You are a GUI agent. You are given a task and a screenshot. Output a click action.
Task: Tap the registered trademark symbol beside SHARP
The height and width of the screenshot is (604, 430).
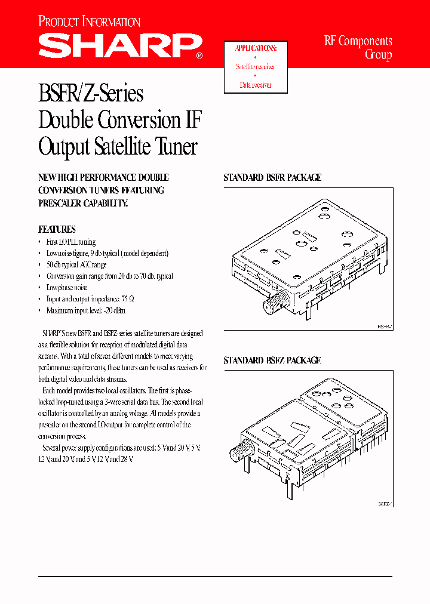[x=199, y=57]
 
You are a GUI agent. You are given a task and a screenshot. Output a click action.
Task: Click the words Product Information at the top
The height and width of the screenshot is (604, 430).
[x=89, y=22]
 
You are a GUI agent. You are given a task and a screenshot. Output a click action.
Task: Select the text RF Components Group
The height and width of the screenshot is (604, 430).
[x=358, y=48]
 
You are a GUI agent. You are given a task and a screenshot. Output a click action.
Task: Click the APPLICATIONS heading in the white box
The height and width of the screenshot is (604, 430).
[x=256, y=48]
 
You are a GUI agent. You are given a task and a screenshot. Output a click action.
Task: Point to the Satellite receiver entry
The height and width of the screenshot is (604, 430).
[x=256, y=67]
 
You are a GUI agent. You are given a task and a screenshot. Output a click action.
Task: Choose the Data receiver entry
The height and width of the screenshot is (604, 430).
[x=256, y=85]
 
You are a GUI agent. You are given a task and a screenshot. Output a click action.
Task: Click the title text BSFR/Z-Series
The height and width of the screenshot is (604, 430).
[x=91, y=94]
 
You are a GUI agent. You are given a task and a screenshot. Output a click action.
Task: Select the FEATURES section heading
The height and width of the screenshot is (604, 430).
[x=57, y=229]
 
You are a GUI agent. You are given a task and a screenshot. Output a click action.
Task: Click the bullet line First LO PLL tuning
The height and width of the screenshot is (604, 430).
[x=70, y=242]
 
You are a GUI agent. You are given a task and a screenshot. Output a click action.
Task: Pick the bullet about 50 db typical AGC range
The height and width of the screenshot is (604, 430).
[x=76, y=264]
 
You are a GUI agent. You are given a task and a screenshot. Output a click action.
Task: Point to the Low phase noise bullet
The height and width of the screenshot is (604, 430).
[x=67, y=288]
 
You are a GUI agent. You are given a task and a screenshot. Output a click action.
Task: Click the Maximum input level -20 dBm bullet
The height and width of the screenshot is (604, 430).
[x=85, y=310]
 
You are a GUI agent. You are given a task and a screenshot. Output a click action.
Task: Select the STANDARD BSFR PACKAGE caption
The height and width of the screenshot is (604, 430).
[x=272, y=177]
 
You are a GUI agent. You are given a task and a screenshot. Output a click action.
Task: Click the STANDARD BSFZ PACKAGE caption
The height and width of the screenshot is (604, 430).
[x=272, y=360]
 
